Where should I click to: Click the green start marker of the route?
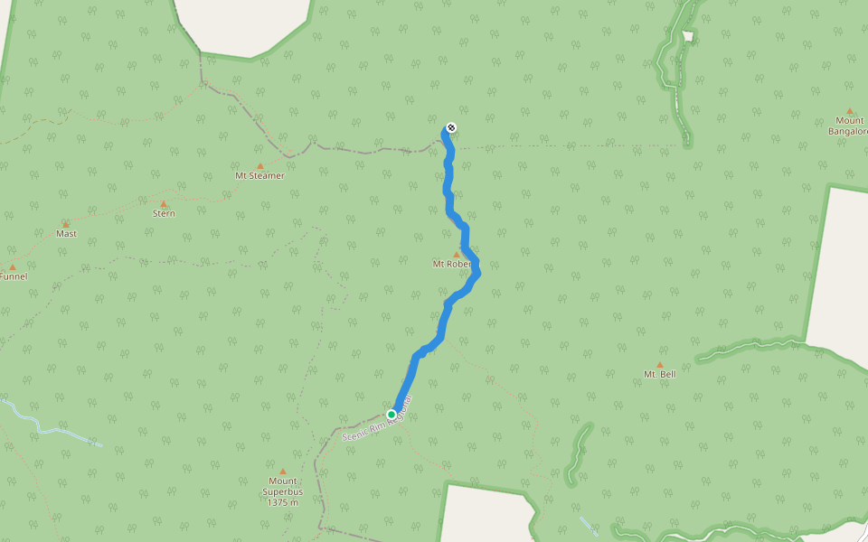click(392, 415)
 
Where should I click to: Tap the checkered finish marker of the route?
click(451, 127)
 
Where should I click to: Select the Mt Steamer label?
click(259, 176)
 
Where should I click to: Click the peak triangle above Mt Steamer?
click(260, 165)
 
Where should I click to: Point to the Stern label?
click(164, 214)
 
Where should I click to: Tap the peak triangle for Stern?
click(164, 204)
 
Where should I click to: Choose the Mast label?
click(66, 234)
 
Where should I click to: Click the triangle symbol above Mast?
click(66, 224)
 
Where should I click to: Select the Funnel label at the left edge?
click(13, 276)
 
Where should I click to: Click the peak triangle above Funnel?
click(13, 266)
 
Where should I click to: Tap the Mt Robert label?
click(451, 265)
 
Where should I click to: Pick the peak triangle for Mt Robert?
click(457, 255)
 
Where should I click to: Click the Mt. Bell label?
click(659, 374)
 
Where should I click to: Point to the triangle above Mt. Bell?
click(659, 364)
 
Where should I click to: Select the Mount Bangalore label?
click(849, 126)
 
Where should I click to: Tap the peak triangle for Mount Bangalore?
click(850, 110)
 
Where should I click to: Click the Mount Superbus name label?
click(282, 486)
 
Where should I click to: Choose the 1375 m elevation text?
click(282, 502)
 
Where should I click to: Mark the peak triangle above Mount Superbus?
click(282, 471)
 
